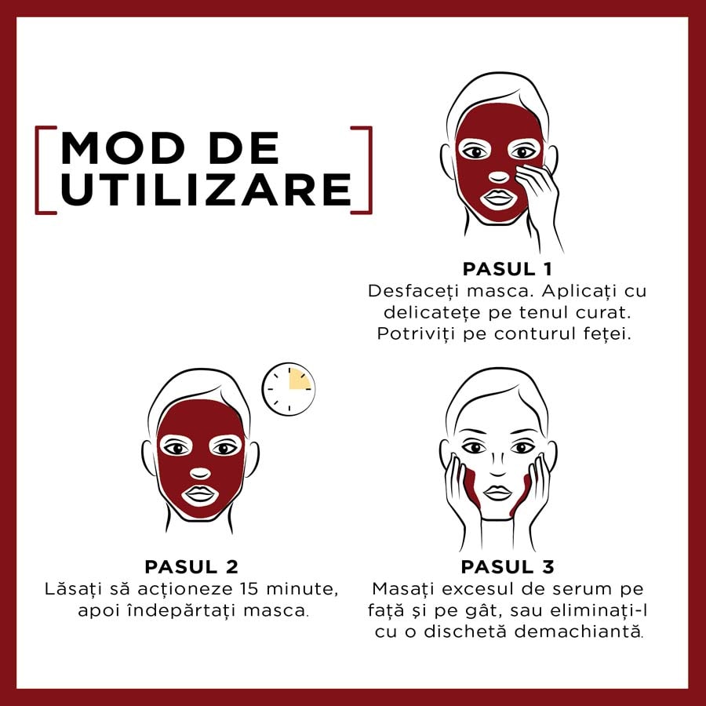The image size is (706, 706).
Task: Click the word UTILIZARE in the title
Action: pyautogui.click(x=206, y=190)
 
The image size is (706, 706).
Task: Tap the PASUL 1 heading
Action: pyautogui.click(x=508, y=269)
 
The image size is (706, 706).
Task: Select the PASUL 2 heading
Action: pyautogui.click(x=191, y=567)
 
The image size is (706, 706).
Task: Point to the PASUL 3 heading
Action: pyautogui.click(x=508, y=567)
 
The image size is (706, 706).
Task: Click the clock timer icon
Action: pyautogui.click(x=289, y=389)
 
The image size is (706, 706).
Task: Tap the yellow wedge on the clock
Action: pyautogui.click(x=298, y=379)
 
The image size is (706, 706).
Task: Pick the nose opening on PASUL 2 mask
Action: pyautogui.click(x=200, y=473)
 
